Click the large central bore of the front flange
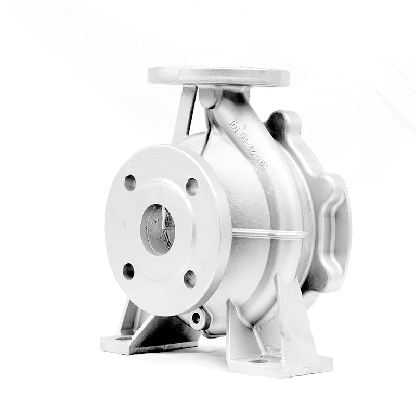[157, 229]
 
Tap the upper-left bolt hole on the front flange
[130, 183]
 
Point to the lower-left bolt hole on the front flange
[128, 271]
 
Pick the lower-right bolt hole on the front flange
[190, 279]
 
